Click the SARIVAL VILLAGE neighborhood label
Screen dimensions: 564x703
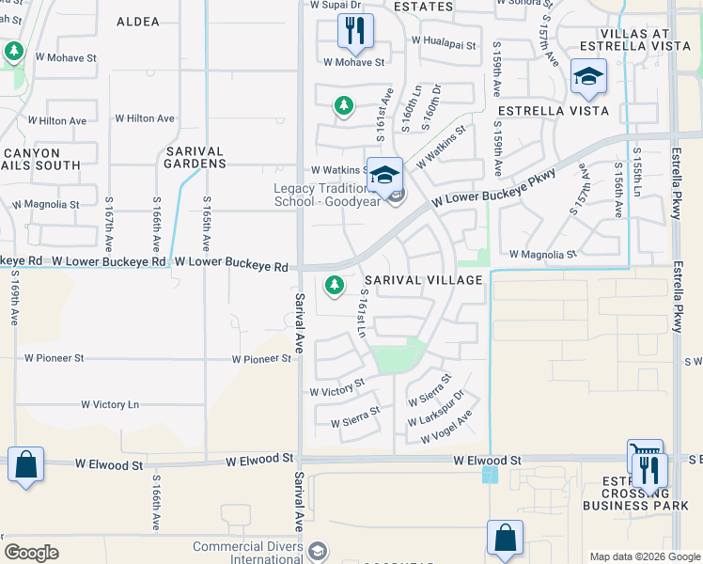click(x=423, y=281)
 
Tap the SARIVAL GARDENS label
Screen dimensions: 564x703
click(x=195, y=157)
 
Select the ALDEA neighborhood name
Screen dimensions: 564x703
click(x=138, y=21)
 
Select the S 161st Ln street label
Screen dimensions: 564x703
click(x=362, y=314)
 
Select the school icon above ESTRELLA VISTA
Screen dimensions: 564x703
click(x=589, y=76)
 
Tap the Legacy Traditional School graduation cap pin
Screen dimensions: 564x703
click(x=384, y=174)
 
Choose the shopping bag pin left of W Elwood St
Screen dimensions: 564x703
click(x=25, y=463)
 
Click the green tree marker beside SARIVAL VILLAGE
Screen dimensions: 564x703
click(x=334, y=284)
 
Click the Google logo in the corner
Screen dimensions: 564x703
click(x=31, y=553)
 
